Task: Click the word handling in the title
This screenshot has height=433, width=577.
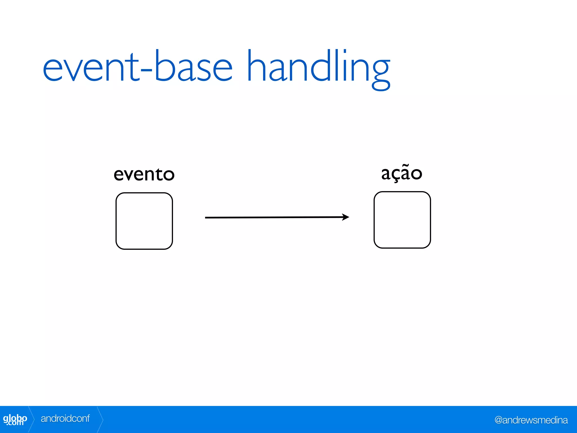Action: (x=318, y=68)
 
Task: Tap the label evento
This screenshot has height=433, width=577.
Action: (x=144, y=174)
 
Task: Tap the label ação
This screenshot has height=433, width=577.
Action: (x=401, y=173)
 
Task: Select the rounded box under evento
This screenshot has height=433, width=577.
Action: (x=144, y=221)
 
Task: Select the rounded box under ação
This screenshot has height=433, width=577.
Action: (x=402, y=220)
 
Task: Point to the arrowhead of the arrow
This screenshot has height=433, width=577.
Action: (x=346, y=217)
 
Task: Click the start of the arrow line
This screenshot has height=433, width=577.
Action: (x=206, y=218)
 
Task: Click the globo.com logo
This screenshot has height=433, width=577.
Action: (x=15, y=419)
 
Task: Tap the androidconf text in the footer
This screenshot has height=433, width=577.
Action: (x=65, y=419)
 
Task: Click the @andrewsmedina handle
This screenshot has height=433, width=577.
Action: (x=531, y=420)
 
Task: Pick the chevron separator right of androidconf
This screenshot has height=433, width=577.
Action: (x=100, y=419)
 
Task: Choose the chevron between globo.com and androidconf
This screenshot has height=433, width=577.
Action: (x=32, y=419)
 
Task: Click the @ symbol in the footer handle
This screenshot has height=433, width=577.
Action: (x=498, y=420)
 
